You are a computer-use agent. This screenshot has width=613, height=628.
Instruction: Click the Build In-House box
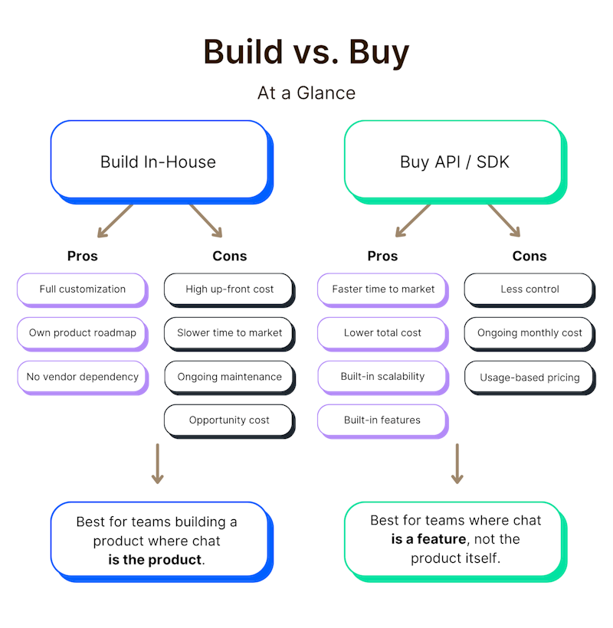pyautogui.click(x=159, y=162)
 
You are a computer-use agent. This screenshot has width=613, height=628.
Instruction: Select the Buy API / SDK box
pyautogui.click(x=454, y=162)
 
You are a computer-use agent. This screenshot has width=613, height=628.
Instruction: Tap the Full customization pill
pyautogui.click(x=82, y=289)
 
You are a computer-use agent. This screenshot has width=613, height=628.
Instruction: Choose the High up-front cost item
pyautogui.click(x=229, y=289)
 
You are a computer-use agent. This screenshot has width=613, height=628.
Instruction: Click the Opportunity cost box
pyautogui.click(x=229, y=420)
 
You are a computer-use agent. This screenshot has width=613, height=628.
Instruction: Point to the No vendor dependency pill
pyautogui.click(x=82, y=377)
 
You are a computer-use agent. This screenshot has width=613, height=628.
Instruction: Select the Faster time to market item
pyautogui.click(x=382, y=289)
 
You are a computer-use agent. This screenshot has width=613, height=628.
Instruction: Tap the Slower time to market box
pyautogui.click(x=229, y=333)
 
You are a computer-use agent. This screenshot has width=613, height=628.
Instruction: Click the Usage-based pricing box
pyautogui.click(x=529, y=378)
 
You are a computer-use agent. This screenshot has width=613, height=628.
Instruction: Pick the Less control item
pyautogui.click(x=529, y=289)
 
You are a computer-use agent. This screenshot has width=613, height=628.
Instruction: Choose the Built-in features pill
pyautogui.click(x=382, y=420)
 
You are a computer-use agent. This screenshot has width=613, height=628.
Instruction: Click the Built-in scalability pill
pyautogui.click(x=382, y=377)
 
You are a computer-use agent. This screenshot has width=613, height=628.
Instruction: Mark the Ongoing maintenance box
pyautogui.click(x=229, y=377)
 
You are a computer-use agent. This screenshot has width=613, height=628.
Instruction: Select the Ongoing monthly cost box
pyautogui.click(x=529, y=333)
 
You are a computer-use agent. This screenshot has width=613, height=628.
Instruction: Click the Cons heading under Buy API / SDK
pyautogui.click(x=529, y=256)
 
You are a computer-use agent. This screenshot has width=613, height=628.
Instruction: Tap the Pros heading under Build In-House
pyautogui.click(x=82, y=256)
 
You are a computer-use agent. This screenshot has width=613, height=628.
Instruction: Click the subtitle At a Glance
pyautogui.click(x=306, y=93)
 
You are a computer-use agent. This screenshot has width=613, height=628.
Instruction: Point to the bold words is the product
pyautogui.click(x=156, y=560)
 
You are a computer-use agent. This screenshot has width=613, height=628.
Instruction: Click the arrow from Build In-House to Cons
pyautogui.click(x=205, y=221)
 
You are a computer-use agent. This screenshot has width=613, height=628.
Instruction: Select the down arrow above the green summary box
pyautogui.click(x=457, y=463)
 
